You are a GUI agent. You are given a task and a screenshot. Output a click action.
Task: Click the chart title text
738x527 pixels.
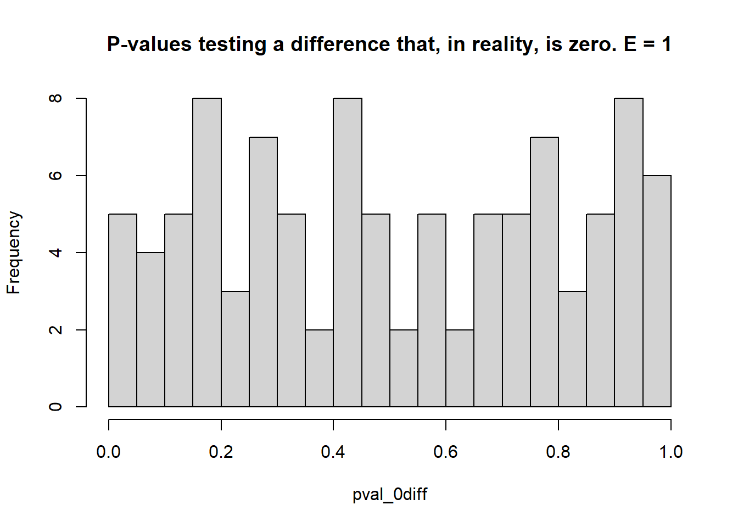pyautogui.click(x=389, y=44)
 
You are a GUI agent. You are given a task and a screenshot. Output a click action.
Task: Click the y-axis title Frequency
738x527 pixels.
pyautogui.click(x=14, y=253)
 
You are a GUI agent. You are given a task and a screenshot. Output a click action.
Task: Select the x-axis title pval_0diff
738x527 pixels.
pyautogui.click(x=390, y=494)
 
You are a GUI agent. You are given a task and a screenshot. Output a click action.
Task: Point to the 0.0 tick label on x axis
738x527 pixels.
pyautogui.click(x=109, y=452)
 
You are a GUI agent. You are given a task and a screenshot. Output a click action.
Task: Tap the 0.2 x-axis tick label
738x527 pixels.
pyautogui.click(x=221, y=452)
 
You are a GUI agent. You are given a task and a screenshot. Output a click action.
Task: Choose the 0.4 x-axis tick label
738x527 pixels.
pyautogui.click(x=333, y=452)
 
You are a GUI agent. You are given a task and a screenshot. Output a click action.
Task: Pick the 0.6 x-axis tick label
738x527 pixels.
pyautogui.click(x=446, y=452)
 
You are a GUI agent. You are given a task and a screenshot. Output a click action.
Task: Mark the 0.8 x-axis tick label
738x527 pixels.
pyautogui.click(x=558, y=452)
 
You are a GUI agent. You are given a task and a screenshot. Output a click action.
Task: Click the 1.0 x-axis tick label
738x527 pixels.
pyautogui.click(x=670, y=452)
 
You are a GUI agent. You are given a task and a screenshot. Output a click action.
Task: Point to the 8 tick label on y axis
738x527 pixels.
pyautogui.click(x=55, y=98)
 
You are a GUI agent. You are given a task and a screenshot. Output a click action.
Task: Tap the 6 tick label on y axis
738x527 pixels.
pyautogui.click(x=55, y=176)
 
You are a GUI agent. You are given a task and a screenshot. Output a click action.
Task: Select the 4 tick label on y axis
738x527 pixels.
pyautogui.click(x=55, y=253)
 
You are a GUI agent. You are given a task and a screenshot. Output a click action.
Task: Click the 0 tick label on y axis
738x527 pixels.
pyautogui.click(x=55, y=407)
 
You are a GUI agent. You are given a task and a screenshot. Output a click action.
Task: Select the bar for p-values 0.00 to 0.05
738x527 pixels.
pyautogui.click(x=123, y=311)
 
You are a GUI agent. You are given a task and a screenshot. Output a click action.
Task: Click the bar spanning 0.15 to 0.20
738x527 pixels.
pyautogui.click(x=207, y=253)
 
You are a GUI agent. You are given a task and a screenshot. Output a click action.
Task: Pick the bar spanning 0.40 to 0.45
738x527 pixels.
pyautogui.click(x=348, y=253)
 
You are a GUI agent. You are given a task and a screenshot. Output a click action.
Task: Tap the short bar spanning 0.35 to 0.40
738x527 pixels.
pyautogui.click(x=320, y=368)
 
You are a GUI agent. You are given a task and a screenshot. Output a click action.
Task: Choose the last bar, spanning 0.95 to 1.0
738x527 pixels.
pyautogui.click(x=657, y=291)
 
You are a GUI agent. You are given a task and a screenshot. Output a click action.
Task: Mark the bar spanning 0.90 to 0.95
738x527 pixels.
pyautogui.click(x=629, y=253)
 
